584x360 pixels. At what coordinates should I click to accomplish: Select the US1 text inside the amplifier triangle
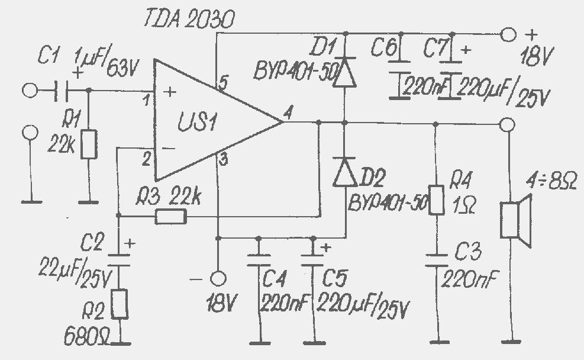[x=197, y=121]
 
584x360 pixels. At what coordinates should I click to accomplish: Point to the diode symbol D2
[x=345, y=172]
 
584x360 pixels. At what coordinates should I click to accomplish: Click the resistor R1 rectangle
[x=89, y=144]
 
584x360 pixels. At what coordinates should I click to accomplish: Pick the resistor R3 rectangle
[x=170, y=217]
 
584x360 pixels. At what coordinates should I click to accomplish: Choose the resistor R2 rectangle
[x=120, y=304]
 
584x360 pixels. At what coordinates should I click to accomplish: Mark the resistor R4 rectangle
[x=436, y=200]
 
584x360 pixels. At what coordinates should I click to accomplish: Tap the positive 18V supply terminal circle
[x=508, y=34]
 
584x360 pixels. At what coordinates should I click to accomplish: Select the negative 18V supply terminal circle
[x=218, y=278]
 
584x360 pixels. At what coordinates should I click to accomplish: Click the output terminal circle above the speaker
[x=507, y=124]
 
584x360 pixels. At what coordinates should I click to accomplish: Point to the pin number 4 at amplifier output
[x=288, y=112]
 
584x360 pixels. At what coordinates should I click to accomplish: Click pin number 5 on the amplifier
[x=222, y=83]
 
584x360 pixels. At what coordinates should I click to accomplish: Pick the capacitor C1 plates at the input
[x=62, y=90]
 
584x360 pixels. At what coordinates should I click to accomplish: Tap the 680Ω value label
[x=86, y=336]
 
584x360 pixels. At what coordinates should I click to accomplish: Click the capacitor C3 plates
[x=437, y=261]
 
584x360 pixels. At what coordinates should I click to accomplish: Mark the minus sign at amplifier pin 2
[x=169, y=149]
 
